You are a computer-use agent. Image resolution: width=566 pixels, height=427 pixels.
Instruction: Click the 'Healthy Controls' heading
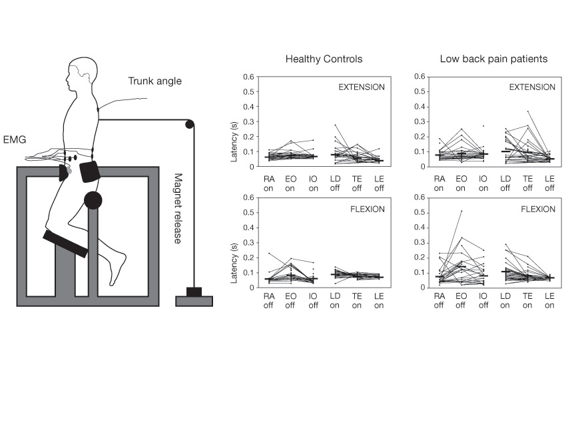click(x=324, y=59)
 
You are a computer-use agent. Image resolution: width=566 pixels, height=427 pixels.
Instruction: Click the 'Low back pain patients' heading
click(x=493, y=59)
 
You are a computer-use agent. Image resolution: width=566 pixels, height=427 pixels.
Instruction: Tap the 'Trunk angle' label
click(x=154, y=81)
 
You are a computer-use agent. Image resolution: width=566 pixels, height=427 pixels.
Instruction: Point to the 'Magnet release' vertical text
click(x=178, y=208)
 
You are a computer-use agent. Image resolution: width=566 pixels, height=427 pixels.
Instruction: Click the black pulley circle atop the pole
click(x=190, y=123)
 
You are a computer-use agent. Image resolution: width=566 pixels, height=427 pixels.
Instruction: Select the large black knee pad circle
click(x=93, y=199)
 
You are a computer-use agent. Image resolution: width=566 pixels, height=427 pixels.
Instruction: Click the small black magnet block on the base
click(x=194, y=292)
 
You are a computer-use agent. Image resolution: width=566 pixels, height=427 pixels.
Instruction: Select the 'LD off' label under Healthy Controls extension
click(x=338, y=183)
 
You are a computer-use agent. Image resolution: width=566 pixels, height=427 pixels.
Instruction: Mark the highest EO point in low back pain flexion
click(x=461, y=211)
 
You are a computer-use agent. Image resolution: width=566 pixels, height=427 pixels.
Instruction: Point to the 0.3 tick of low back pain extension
click(x=421, y=121)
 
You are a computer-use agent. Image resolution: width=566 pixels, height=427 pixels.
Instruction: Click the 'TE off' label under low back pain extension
click(x=527, y=183)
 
